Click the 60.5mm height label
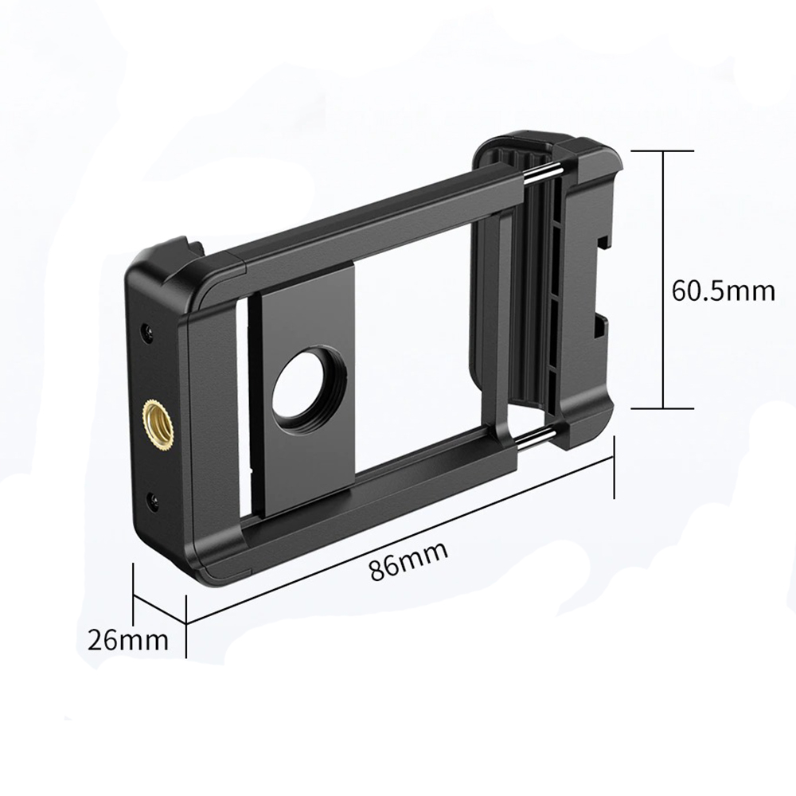pos(723,291)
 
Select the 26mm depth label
pos(128,639)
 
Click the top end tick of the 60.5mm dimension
pos(663,150)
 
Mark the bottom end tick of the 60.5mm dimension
pos(663,408)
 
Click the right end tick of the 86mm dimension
pos(614,470)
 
